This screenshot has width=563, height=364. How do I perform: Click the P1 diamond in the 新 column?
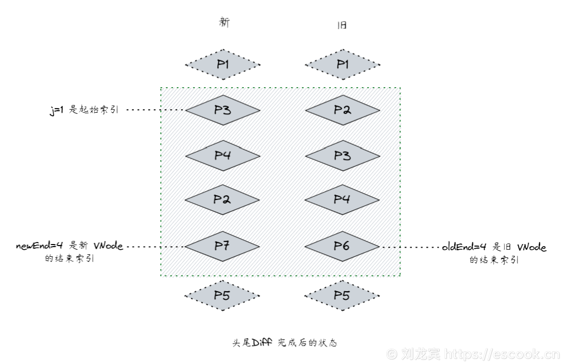(x=222, y=65)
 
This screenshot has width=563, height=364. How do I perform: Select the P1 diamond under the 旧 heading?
(x=342, y=65)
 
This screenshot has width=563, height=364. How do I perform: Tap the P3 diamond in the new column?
(x=222, y=110)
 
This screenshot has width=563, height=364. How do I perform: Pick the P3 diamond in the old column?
(x=342, y=155)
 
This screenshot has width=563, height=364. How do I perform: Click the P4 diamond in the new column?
(x=222, y=155)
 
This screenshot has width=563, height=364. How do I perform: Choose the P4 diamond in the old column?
(x=342, y=200)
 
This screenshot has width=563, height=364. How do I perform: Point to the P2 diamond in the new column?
(x=222, y=200)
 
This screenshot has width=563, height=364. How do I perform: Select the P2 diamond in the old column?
(x=342, y=110)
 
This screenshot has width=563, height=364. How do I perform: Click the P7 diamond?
(x=222, y=246)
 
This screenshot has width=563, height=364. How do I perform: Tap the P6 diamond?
(x=342, y=246)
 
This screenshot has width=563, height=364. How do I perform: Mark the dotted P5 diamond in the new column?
(x=222, y=295)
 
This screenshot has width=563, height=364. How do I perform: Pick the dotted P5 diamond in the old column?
(x=342, y=295)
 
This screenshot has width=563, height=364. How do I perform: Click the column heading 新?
(x=224, y=23)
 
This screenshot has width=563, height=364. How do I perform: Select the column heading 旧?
(x=342, y=25)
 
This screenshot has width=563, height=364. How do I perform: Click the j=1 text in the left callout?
(x=57, y=110)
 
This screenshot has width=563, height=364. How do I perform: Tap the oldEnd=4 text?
(x=465, y=247)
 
